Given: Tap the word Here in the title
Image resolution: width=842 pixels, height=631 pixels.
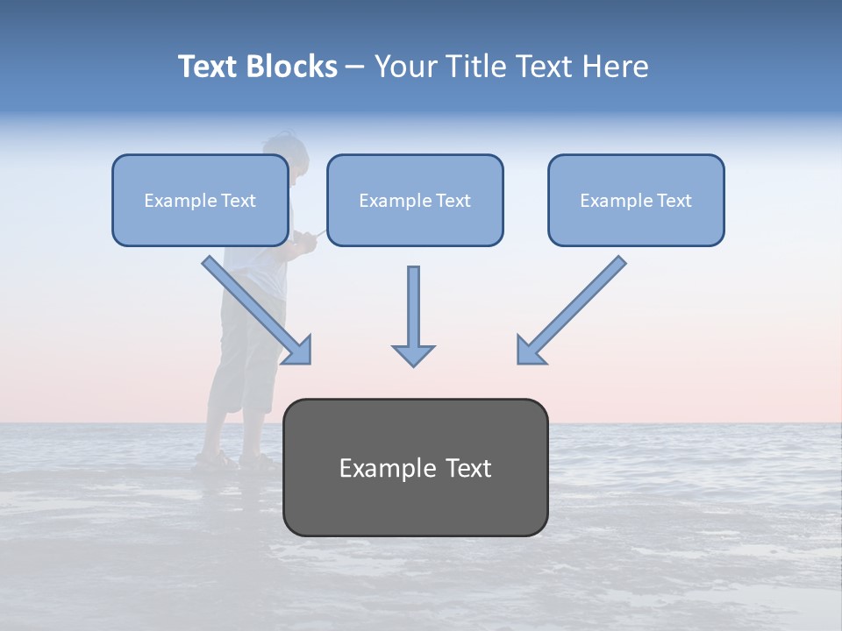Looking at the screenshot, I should click(x=616, y=67).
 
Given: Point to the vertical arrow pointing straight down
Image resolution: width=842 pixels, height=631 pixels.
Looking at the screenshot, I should click(x=413, y=315).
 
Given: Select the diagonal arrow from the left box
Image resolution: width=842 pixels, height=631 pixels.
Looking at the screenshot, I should click(x=257, y=309).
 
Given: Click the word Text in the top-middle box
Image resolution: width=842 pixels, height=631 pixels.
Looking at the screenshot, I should click(x=453, y=201).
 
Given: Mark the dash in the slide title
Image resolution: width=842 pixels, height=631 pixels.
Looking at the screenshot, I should click(x=356, y=67).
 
